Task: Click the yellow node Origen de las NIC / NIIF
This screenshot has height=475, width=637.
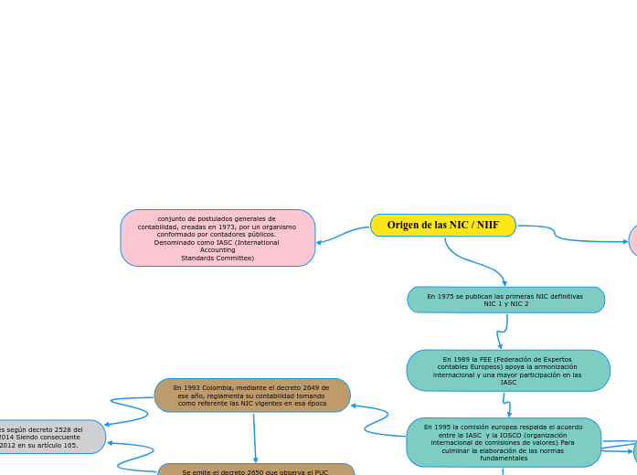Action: point(443,225)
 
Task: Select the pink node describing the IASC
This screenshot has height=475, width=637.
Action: point(218,238)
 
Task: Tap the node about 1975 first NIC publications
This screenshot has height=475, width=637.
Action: point(505,300)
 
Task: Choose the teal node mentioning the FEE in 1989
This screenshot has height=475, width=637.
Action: point(508,371)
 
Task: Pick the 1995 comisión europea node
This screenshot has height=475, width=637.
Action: point(504,442)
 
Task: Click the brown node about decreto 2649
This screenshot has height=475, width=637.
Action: point(252,396)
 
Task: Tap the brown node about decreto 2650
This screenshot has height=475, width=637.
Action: point(256,470)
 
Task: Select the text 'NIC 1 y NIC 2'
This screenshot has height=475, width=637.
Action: point(505,304)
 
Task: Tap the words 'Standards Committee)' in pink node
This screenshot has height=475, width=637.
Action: point(218,259)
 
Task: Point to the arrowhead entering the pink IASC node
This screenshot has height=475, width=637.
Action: point(319,242)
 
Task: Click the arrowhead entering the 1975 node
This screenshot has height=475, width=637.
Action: point(504,283)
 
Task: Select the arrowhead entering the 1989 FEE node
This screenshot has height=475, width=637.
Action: point(500,346)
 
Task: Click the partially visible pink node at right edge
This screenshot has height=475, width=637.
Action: point(632,240)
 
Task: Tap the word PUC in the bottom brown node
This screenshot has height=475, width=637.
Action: point(321,472)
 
